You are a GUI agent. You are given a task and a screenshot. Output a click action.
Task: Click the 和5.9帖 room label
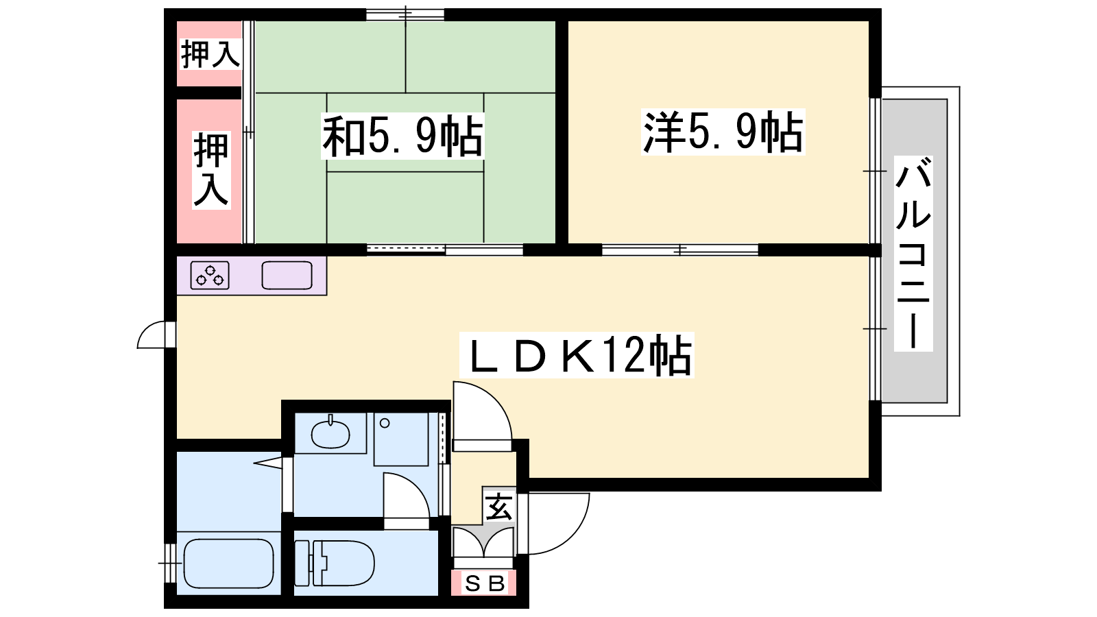pos(402,136)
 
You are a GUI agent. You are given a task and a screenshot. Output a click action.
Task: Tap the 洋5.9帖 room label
pos(723,132)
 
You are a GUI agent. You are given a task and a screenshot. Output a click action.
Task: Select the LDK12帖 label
pos(577,355)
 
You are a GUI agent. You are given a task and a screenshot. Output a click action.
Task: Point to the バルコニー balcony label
pos(913,253)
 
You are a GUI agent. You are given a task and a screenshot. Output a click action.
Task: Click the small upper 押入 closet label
pos(210,53)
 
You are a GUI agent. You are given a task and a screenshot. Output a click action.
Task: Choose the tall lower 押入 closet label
pos(211,170)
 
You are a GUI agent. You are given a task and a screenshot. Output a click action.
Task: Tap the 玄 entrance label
pos(499,507)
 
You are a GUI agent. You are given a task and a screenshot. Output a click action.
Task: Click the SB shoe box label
pos(484,583)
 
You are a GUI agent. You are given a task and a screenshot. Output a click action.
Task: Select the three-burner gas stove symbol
pos(210,275)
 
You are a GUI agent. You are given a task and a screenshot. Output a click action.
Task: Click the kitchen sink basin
pos(287,275)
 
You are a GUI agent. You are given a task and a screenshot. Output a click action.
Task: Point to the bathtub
pos(228,563)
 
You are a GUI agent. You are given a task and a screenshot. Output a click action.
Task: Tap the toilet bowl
pos(335,563)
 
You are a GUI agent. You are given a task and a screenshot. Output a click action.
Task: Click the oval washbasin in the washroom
pos(330,433)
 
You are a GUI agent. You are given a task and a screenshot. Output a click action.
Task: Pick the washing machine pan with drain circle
pos(401,439)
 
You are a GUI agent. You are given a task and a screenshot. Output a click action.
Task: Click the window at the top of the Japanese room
pos(405,14)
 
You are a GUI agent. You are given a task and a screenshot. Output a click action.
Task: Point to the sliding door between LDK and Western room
pos(680,250)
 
